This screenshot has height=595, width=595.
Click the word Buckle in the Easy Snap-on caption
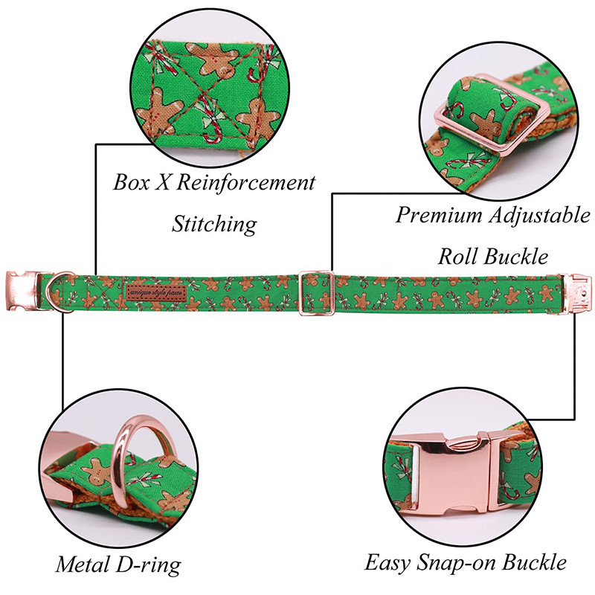pyautogui.click(x=535, y=562)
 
